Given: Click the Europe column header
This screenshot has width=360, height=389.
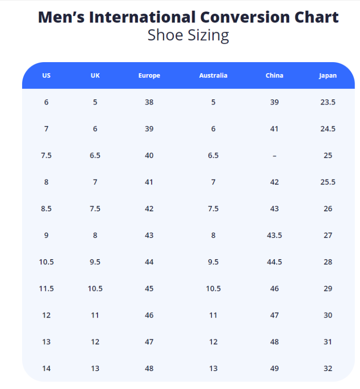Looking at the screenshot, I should [x=149, y=75].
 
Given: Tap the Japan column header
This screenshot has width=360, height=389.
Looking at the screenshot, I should [x=328, y=75].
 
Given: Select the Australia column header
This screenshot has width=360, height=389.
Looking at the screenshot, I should [x=213, y=75].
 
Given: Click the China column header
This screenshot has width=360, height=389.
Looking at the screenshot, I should [x=274, y=75].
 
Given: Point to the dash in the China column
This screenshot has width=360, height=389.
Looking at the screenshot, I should [x=274, y=156].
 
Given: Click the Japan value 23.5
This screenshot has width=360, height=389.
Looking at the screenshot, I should [x=328, y=102].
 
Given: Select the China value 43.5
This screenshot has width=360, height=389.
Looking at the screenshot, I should [x=274, y=235].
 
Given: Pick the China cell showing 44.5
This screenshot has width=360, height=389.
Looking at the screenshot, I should [x=274, y=262].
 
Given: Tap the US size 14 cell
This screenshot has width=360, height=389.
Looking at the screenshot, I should [x=46, y=368].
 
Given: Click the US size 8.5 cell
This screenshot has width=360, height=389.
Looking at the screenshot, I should [x=46, y=209].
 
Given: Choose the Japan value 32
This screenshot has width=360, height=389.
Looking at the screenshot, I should [x=328, y=368].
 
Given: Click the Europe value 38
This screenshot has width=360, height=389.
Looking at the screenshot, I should [x=149, y=102].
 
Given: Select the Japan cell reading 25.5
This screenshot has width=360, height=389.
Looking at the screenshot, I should [x=328, y=182].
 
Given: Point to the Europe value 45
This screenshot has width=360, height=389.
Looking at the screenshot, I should [x=149, y=289].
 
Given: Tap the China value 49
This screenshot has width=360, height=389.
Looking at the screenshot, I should [x=274, y=368].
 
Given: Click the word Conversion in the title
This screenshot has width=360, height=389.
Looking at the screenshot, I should [x=239, y=17].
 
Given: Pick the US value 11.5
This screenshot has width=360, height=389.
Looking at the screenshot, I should [x=46, y=289].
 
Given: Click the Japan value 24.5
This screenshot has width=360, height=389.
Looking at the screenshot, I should [x=328, y=129].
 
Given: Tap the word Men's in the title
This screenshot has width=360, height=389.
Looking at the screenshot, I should [x=61, y=17].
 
